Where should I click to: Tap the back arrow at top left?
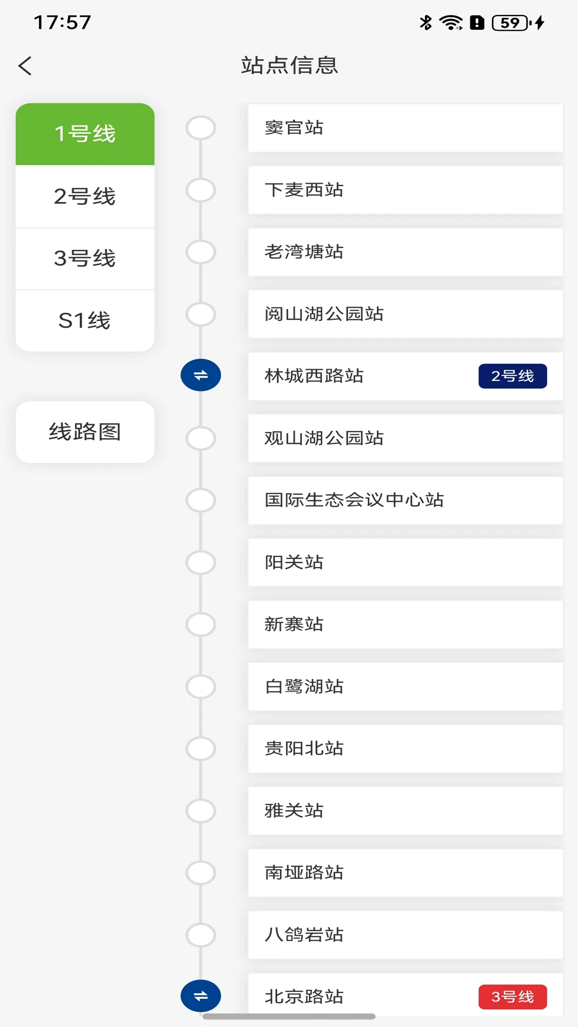25,66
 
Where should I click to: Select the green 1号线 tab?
85,134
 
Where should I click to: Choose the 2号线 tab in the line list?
85,196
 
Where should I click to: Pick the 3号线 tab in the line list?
85,258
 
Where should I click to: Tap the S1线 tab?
85,320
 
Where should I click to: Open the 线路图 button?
85,432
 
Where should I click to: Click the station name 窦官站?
294,128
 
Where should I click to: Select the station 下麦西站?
304,190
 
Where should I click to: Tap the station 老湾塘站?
304,252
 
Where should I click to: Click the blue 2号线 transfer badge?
513,376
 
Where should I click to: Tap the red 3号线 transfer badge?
513,997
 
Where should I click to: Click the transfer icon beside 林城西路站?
201,375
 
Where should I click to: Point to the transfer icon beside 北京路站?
201,996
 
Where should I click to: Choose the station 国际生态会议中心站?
354,500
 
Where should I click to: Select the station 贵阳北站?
304,748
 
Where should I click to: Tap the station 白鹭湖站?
304,686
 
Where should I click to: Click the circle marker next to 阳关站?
201,562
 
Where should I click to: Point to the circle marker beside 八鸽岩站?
201,935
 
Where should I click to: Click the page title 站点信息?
290,65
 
